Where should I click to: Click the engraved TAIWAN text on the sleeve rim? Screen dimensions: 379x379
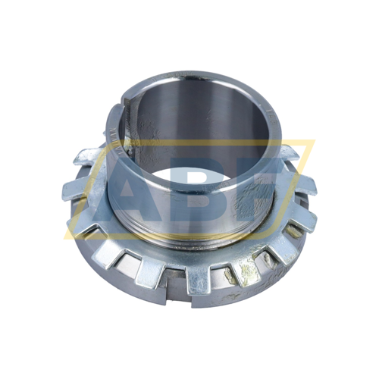[x=112, y=141]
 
